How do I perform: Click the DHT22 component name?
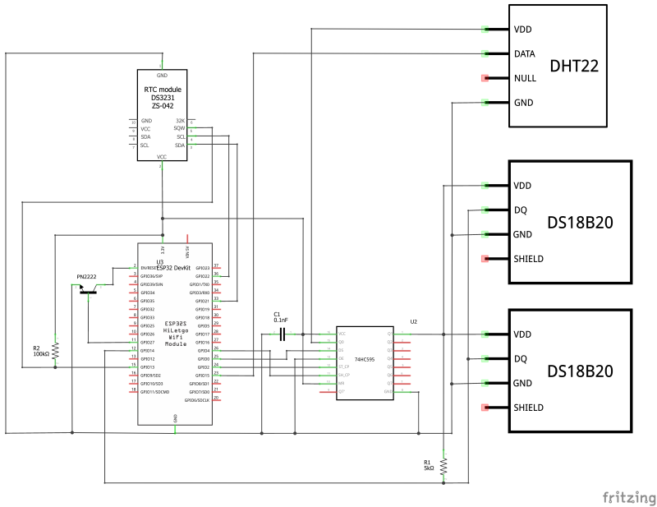(x=573, y=66)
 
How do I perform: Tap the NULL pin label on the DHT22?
(x=525, y=79)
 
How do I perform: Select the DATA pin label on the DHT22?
(x=525, y=53)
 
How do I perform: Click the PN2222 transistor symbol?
(x=87, y=288)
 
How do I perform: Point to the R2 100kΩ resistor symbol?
(x=56, y=352)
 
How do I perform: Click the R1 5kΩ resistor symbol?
(x=443, y=467)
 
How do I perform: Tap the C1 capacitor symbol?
(x=282, y=334)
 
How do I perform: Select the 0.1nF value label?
(x=282, y=320)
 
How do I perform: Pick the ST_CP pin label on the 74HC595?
(x=345, y=366)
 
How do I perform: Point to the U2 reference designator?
(x=413, y=321)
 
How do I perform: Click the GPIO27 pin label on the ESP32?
(x=148, y=342)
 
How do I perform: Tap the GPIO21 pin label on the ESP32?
(x=200, y=301)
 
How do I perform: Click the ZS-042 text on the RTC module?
(x=162, y=106)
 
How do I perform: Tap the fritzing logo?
(x=628, y=497)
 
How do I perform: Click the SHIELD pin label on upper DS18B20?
(x=529, y=259)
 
